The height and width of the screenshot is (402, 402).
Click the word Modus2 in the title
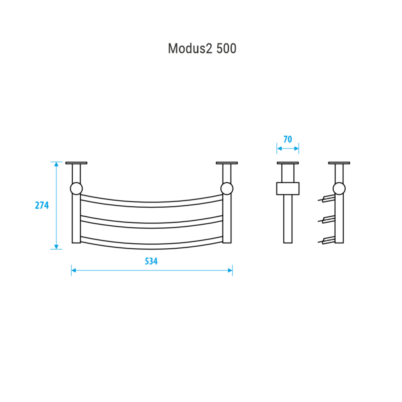pos(190,48)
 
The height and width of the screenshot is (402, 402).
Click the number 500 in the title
pos(227,48)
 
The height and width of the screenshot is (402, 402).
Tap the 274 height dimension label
pos(42,205)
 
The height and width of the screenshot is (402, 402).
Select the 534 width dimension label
pos(151,261)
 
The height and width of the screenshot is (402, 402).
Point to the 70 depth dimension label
pos(288,139)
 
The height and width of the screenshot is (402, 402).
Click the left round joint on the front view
pos(76,189)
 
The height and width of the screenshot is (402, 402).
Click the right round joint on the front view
pos(227,189)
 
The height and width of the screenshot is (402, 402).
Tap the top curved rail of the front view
pos(152,204)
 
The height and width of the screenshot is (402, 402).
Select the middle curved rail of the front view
pos(152,225)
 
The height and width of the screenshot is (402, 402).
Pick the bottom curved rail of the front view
pos(152,246)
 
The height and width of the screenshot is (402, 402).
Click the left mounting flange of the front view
pos(76,163)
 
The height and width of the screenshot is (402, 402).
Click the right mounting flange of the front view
pos(227,163)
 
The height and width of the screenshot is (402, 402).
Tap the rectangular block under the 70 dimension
pos(288,188)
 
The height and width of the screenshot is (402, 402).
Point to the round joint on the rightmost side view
pos(339,189)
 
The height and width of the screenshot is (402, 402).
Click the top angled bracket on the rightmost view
pos(327,198)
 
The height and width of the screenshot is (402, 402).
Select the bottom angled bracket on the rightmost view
pos(327,241)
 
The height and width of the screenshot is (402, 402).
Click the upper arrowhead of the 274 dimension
pos(56,164)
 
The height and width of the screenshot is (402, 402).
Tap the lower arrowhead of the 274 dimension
pos(56,247)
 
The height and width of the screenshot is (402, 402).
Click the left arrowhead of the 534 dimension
pos(74,270)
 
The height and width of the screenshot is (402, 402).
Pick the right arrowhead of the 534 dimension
pos(230,270)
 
